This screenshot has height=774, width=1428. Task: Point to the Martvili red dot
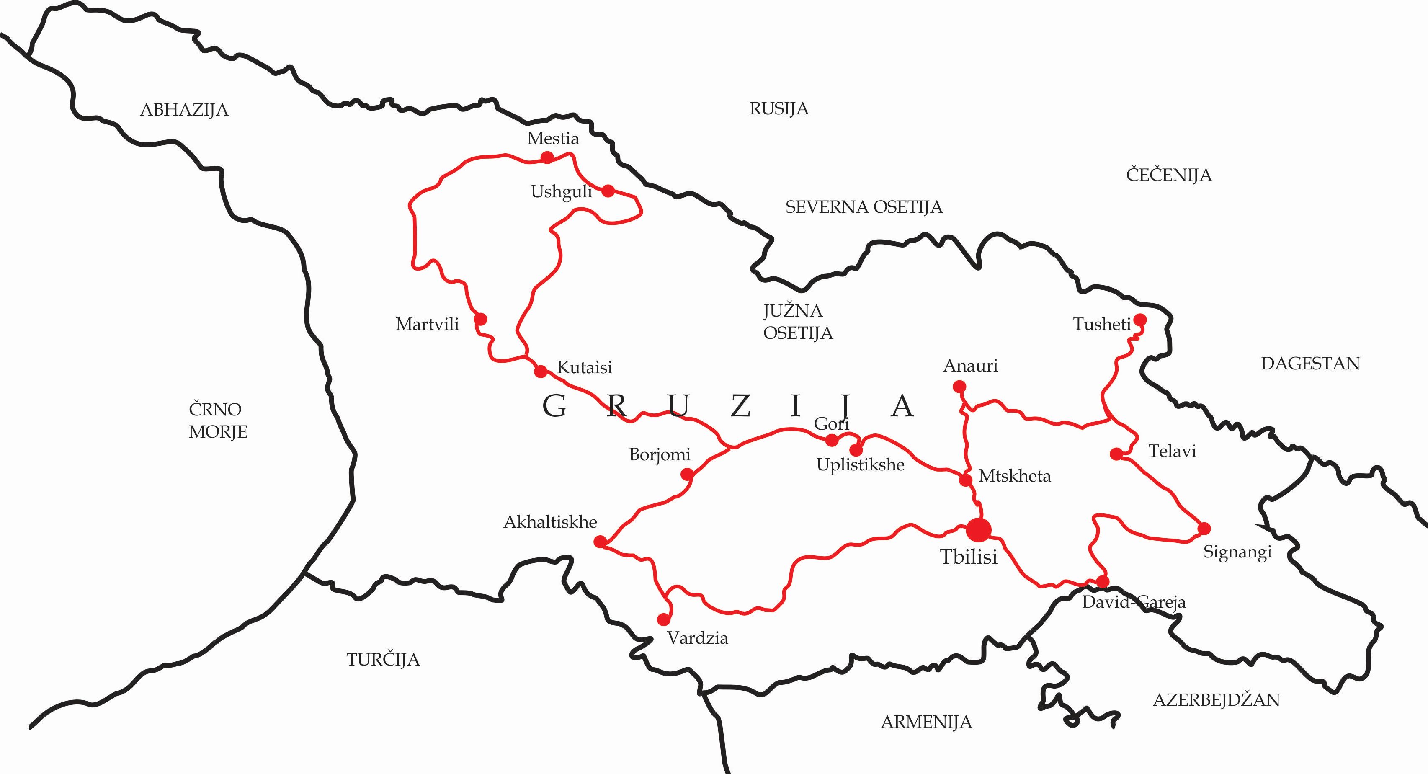pyautogui.click(x=481, y=319)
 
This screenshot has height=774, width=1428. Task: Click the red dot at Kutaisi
pyautogui.click(x=541, y=371)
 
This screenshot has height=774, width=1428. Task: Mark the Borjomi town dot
pyautogui.click(x=687, y=474)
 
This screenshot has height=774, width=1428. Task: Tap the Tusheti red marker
pyautogui.click(x=1140, y=320)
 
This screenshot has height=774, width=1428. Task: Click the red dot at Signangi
pyautogui.click(x=1204, y=529)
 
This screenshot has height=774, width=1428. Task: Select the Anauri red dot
pyautogui.click(x=959, y=387)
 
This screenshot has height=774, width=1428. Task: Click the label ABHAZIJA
pyautogui.click(x=184, y=110)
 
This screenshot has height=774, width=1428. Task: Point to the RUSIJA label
pyautogui.click(x=779, y=108)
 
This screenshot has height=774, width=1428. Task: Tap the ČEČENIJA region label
pyautogui.click(x=1168, y=175)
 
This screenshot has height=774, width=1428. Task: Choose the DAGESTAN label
pyautogui.click(x=1310, y=363)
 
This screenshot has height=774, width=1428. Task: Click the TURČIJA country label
pyautogui.click(x=383, y=659)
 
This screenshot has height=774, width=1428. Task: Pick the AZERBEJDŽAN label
pyautogui.click(x=1216, y=700)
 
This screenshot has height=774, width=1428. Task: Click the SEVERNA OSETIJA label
pyautogui.click(x=864, y=207)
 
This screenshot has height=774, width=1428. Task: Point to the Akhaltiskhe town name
pyautogui.click(x=550, y=522)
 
